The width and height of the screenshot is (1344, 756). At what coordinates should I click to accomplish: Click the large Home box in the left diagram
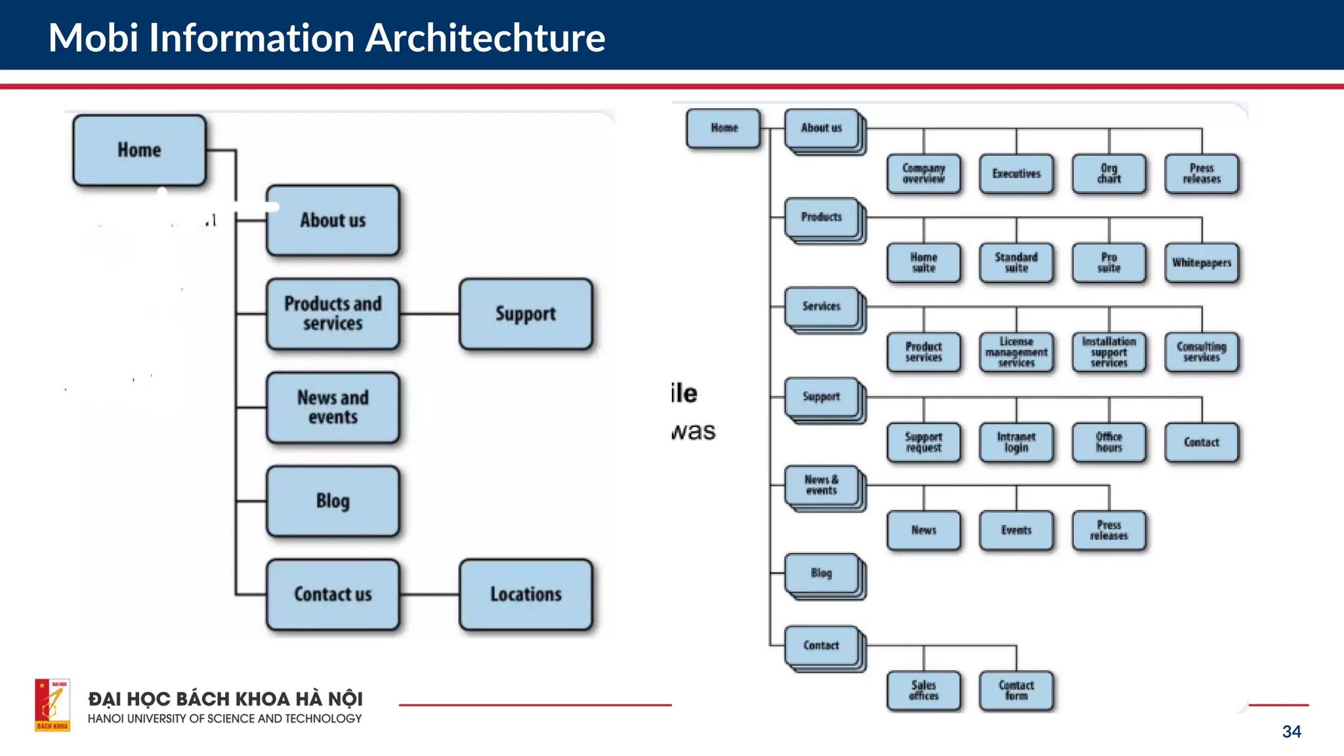[139, 150]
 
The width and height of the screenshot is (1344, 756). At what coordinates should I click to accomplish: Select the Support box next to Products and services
[526, 314]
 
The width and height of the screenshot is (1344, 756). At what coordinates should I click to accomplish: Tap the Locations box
[526, 594]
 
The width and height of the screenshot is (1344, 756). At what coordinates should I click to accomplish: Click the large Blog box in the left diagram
[333, 501]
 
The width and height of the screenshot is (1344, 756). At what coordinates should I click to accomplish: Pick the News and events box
[333, 407]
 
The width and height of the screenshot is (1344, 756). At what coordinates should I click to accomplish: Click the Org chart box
[1109, 174]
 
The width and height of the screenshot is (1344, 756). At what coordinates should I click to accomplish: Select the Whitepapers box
[1202, 262]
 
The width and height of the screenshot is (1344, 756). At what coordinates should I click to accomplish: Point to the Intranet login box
[1016, 442]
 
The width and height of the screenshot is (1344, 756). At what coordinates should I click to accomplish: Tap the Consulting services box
[1202, 352]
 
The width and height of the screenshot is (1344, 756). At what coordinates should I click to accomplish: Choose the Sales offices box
[923, 690]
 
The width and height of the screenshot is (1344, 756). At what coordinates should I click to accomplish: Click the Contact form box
[1016, 690]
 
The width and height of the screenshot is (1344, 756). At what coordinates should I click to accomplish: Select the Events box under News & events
[1016, 530]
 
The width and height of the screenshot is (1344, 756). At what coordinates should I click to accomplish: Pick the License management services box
[1016, 352]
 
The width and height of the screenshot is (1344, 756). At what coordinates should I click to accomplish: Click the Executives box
[1016, 174]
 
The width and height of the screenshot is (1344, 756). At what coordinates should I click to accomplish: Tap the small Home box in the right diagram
[724, 128]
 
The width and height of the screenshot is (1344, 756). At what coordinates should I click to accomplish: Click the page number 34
[1291, 732]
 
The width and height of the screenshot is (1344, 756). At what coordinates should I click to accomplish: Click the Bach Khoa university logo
[52, 705]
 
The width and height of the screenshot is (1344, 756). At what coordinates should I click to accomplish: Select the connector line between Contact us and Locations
[429, 595]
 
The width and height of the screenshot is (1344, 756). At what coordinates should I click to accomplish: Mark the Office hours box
[1109, 442]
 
